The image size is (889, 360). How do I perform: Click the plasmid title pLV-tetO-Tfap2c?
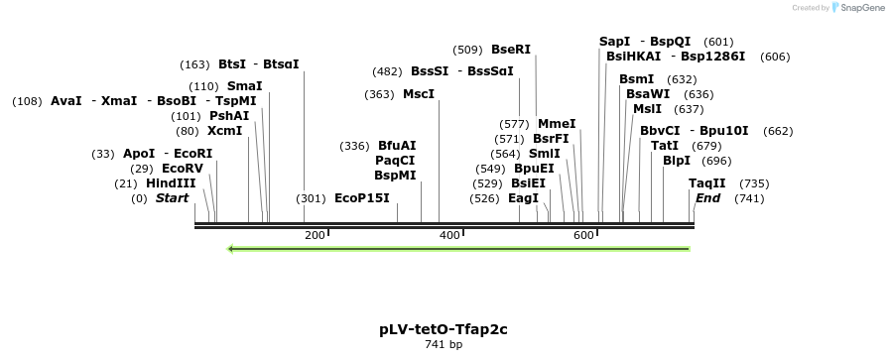444,329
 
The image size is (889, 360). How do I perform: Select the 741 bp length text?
444,345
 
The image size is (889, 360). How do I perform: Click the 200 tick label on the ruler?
315,235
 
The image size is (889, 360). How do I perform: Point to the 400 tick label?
449,235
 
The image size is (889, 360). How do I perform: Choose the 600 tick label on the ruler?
583,235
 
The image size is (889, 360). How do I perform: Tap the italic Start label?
172,198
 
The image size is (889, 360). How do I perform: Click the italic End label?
707,198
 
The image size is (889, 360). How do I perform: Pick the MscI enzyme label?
419,94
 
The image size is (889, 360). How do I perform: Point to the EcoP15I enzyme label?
362,198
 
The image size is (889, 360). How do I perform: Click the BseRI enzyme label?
511,50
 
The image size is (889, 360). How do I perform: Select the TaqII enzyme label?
707,183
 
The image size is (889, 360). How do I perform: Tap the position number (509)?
467,50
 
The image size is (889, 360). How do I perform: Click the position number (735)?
754,183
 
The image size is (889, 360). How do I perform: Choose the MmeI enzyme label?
557,124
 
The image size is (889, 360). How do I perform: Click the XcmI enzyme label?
224,131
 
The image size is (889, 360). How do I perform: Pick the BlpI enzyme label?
677,161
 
